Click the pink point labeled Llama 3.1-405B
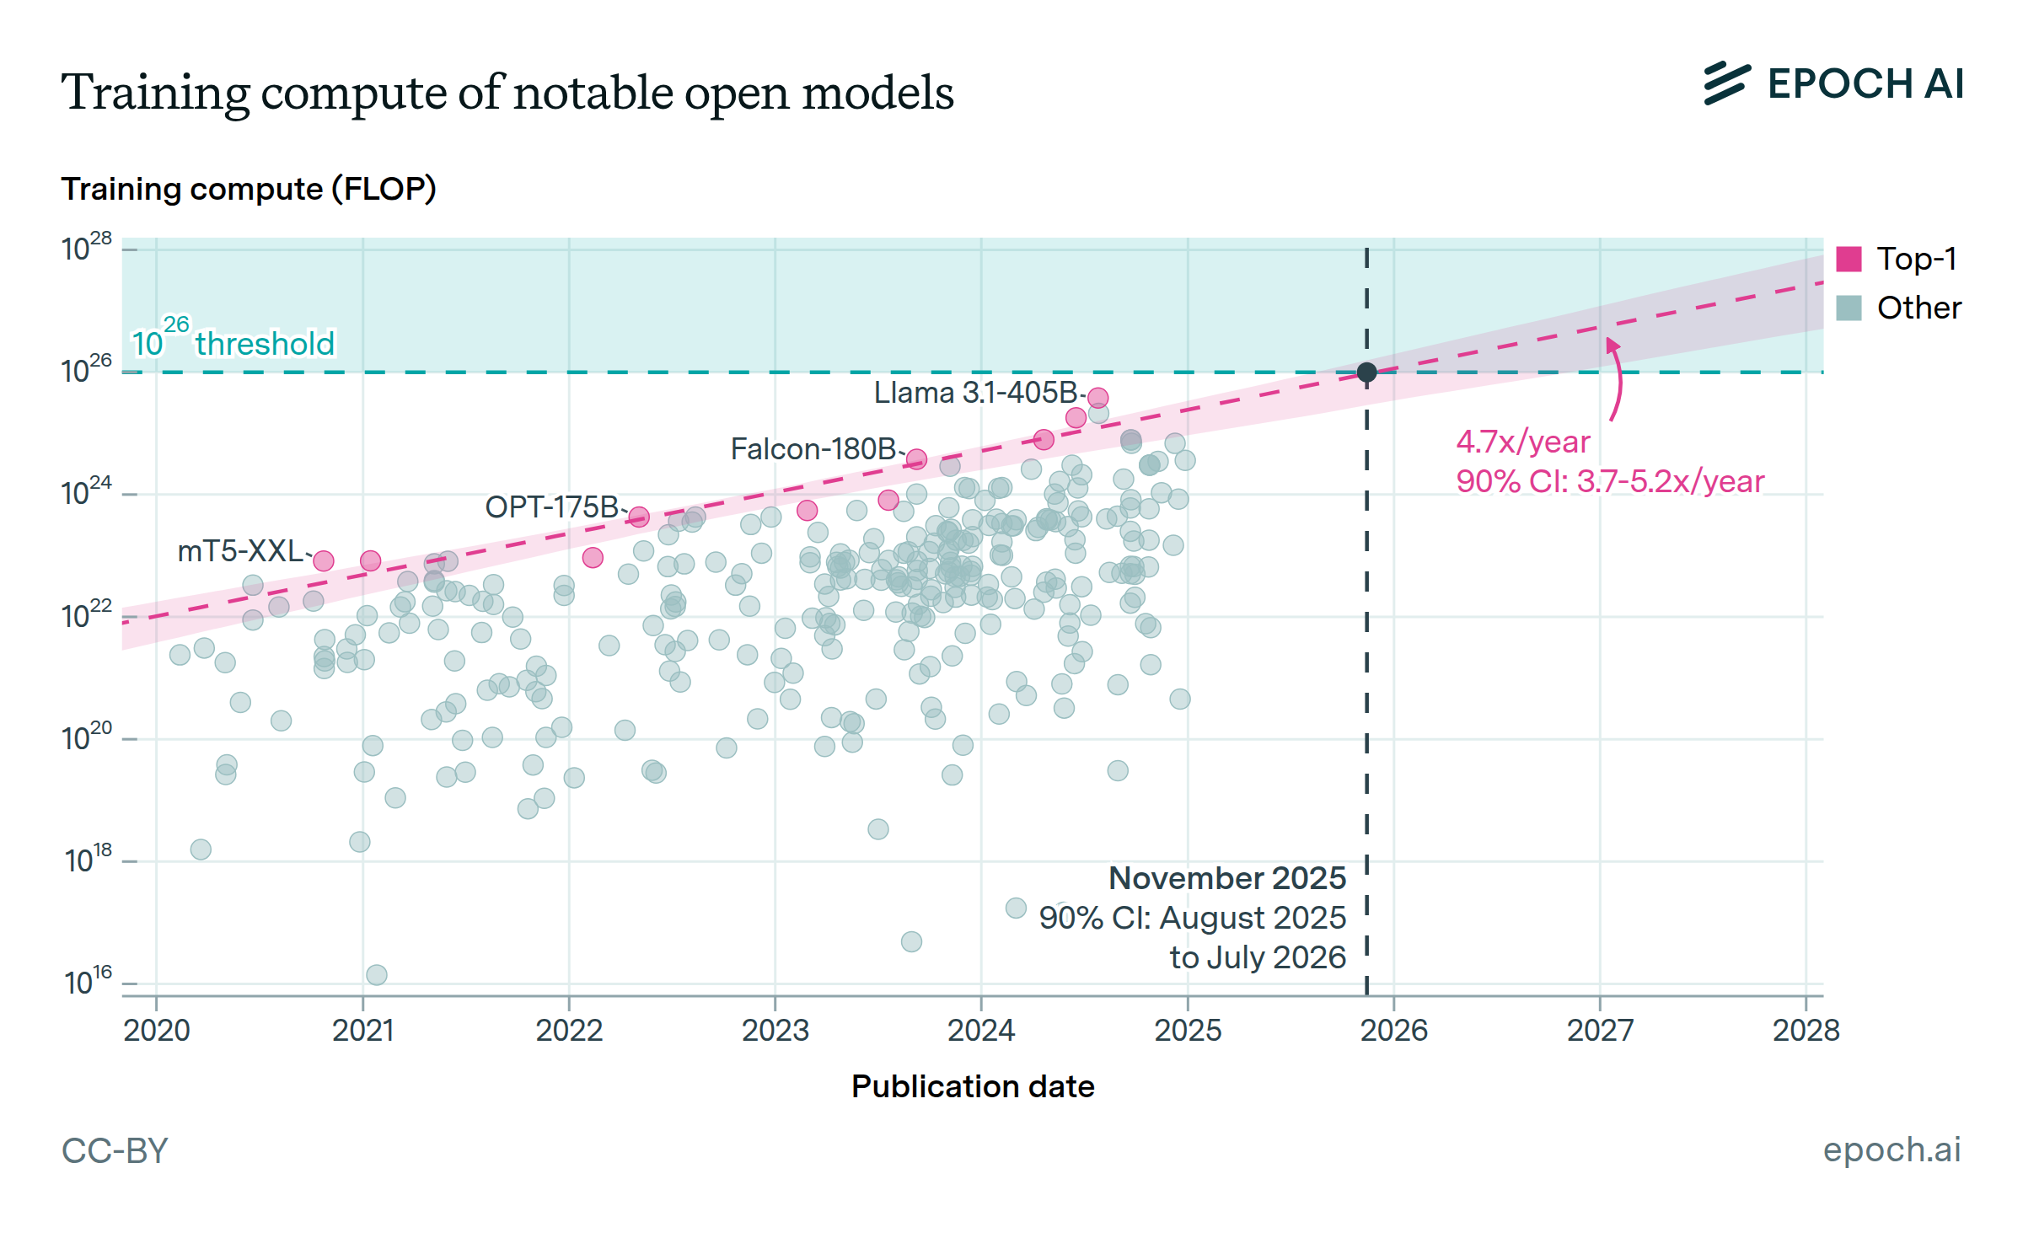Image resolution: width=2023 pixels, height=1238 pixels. [x=1097, y=397]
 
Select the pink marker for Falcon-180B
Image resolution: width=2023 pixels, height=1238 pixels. [x=916, y=459]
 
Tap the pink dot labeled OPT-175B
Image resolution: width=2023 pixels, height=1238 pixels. [x=639, y=517]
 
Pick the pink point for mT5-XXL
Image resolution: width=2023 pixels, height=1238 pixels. [x=323, y=560]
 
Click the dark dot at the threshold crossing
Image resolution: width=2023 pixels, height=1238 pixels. [x=1366, y=372]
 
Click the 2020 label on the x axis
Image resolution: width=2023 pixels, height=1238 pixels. [x=157, y=1030]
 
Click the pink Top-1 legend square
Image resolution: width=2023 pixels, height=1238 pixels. [x=1849, y=259]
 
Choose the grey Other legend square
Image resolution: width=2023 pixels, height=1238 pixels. [x=1849, y=308]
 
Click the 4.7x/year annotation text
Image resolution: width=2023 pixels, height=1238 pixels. [x=1523, y=442]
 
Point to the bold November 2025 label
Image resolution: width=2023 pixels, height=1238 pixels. [x=1226, y=878]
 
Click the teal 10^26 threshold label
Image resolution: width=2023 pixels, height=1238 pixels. [x=233, y=341]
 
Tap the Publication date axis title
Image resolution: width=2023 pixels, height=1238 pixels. [x=973, y=1086]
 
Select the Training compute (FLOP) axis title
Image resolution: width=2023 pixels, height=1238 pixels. [x=249, y=189]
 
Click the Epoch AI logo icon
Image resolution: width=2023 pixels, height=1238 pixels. [x=1726, y=83]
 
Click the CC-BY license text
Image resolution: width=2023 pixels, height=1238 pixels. [x=115, y=1150]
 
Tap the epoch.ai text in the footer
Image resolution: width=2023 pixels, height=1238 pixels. [x=1892, y=1150]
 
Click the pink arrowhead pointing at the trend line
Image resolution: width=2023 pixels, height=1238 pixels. [x=1612, y=344]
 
